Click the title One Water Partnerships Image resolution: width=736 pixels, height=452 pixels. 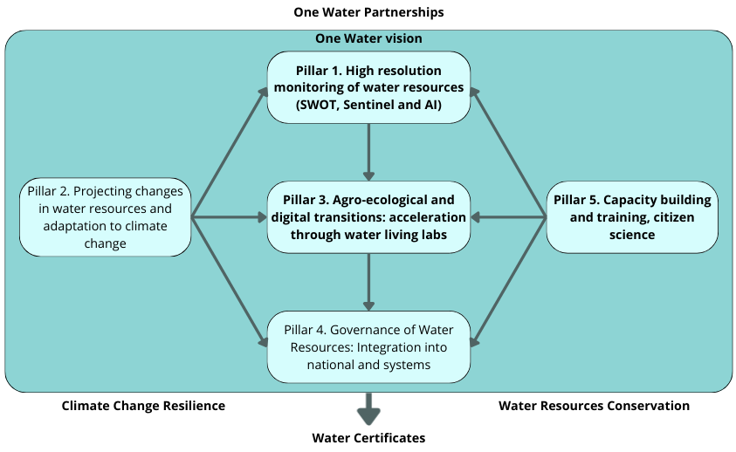point(368,12)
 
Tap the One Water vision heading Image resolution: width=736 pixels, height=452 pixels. point(368,38)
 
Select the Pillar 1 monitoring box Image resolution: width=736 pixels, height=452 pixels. point(368,87)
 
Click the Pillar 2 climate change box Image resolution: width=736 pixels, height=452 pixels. point(105,217)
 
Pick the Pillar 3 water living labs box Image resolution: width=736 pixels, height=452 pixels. point(368,217)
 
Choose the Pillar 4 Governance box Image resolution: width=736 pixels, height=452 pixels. point(368,346)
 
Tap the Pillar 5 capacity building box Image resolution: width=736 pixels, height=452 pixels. point(632,216)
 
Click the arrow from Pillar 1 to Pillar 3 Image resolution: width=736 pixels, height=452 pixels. point(368,152)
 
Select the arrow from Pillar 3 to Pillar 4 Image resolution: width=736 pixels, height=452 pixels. point(368,282)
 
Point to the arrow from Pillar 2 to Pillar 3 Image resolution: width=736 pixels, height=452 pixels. point(229,217)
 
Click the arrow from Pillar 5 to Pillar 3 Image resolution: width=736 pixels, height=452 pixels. point(508,217)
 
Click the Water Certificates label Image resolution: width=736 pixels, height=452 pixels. point(368,437)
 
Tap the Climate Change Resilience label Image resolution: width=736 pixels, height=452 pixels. point(143,406)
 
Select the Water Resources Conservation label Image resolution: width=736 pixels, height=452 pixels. point(594,406)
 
